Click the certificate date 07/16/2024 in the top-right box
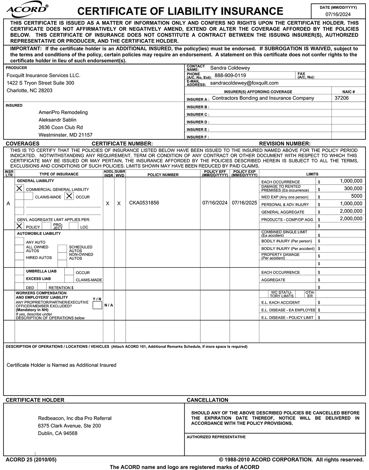point(338,14)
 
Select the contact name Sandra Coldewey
point(230,68)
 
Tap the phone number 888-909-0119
point(230,76)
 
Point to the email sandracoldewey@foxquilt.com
point(244,83)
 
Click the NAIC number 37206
point(341,98)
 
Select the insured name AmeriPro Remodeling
point(63,112)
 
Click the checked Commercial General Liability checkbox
point(19,188)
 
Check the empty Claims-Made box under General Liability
point(29,196)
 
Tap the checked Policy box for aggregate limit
point(19,226)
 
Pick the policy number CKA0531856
point(144,203)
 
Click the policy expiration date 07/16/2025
point(244,203)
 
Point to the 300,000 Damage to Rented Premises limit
point(353,188)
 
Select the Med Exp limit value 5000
point(356,196)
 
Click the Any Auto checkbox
point(19,241)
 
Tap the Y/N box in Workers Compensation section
point(97,305)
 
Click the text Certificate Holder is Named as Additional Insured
point(61,365)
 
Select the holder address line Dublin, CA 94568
point(57,433)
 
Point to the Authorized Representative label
point(216,437)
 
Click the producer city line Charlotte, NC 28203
point(29,91)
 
